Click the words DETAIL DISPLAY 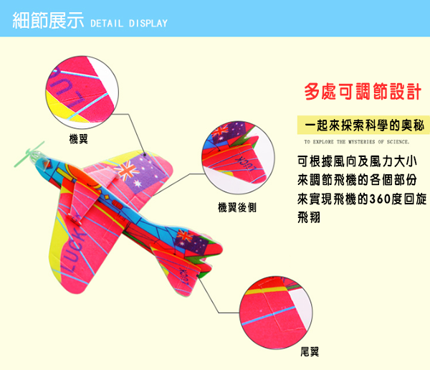pos(128,24)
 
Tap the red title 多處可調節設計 pos(362,92)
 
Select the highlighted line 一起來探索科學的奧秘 pos(362,124)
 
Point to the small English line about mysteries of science pos(356,142)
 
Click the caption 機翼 pos(78,138)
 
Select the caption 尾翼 pos(310,351)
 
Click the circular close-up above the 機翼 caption pos(80,92)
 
